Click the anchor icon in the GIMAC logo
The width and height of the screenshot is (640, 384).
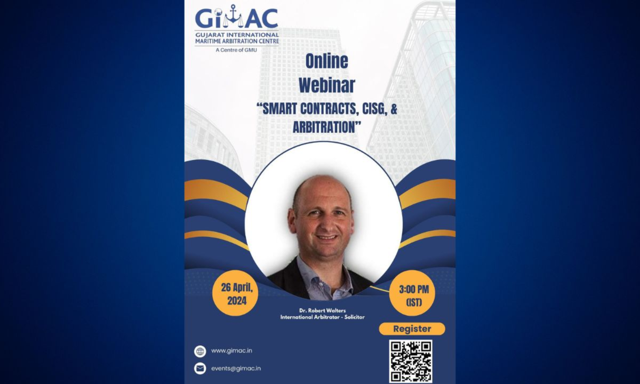pos(233,17)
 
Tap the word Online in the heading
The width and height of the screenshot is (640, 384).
pos(326,61)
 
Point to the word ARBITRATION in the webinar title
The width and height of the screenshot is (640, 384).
pos(324,127)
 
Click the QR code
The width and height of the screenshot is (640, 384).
pos(410,361)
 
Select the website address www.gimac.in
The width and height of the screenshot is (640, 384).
pos(231,351)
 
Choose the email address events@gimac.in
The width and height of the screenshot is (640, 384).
pos(236,368)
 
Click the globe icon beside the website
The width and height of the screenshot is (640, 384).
pos(200,351)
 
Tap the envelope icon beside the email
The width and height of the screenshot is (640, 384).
pos(200,369)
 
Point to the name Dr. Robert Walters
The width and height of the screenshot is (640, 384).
pos(322,310)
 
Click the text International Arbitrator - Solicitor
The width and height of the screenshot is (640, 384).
pos(322,317)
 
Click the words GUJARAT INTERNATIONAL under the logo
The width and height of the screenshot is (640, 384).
pos(237,35)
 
